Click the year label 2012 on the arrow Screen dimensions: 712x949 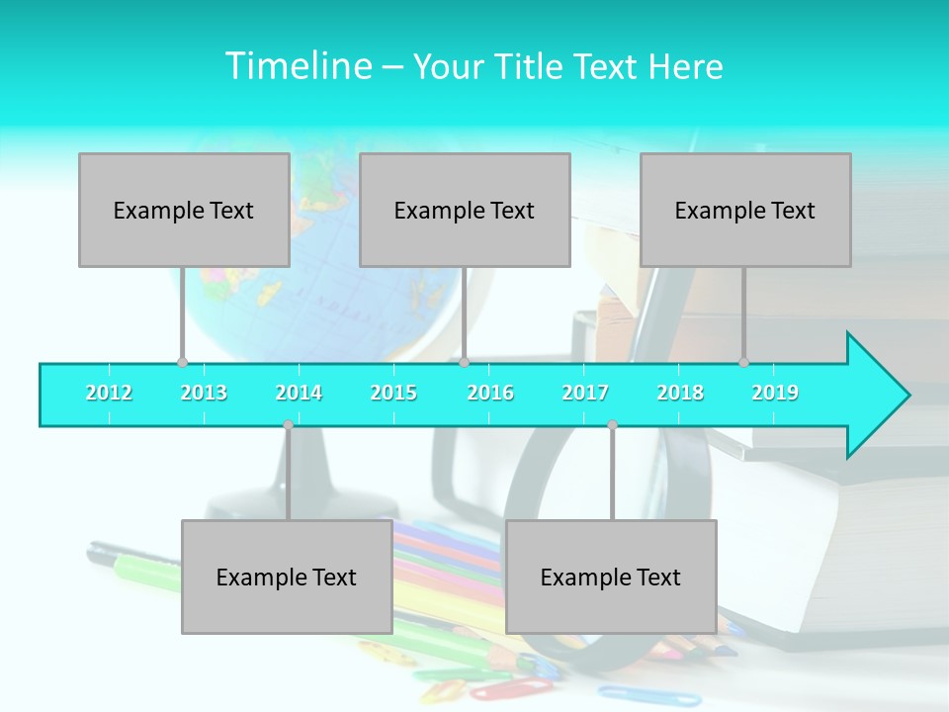[109, 393]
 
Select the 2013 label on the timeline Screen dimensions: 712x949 [204, 393]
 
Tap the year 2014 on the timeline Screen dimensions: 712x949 [299, 393]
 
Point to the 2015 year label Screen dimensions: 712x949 [393, 393]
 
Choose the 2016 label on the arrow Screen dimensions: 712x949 [490, 393]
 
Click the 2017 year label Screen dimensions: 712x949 [585, 393]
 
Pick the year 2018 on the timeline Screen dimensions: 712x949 [680, 393]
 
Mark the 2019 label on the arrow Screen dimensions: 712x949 [775, 393]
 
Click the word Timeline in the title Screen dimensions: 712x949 [298, 66]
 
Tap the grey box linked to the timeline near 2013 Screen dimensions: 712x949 [184, 210]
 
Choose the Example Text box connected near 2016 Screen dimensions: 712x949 [465, 210]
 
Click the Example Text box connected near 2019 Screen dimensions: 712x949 [745, 210]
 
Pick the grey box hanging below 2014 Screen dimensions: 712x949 [287, 577]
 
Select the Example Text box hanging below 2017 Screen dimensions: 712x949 [611, 577]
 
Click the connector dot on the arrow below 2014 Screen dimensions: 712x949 [288, 425]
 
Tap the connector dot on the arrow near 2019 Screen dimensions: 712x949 [743, 362]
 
